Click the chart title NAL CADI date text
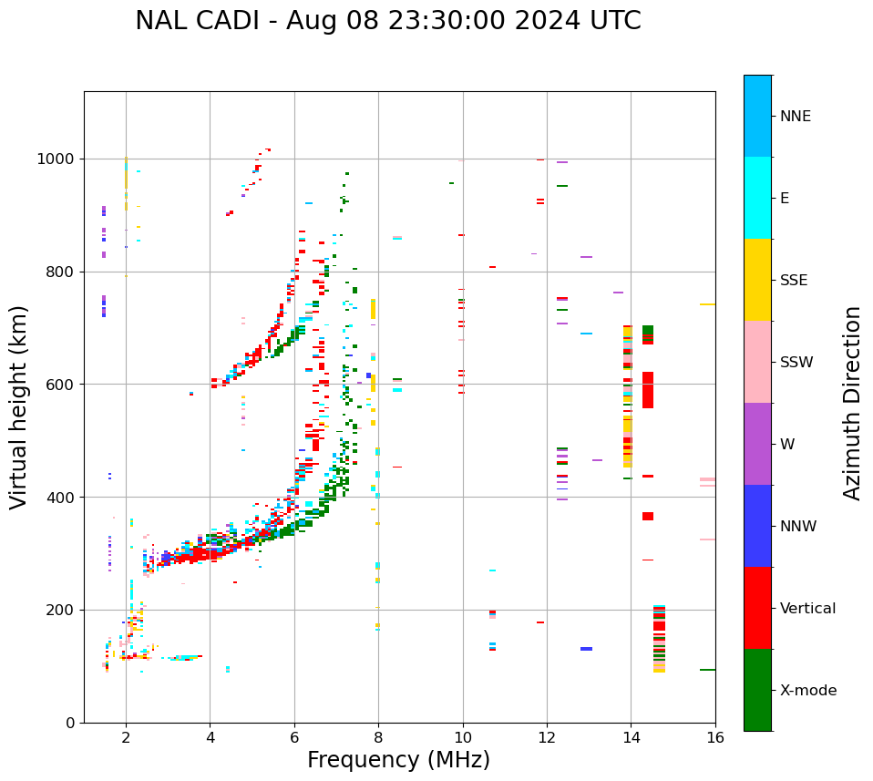[388, 21]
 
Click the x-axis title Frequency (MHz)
[398, 760]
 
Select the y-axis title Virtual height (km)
[19, 407]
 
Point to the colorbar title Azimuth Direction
[852, 403]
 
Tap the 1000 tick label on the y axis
[56, 159]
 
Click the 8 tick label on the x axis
[378, 737]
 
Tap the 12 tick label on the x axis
[547, 737]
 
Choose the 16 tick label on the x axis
[715, 737]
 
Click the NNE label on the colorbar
[795, 117]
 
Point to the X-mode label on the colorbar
[807, 691]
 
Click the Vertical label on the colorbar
[807, 609]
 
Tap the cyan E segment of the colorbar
[757, 198]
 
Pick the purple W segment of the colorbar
[757, 444]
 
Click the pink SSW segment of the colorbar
[757, 362]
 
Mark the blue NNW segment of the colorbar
[757, 526]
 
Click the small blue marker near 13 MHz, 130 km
[586, 649]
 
